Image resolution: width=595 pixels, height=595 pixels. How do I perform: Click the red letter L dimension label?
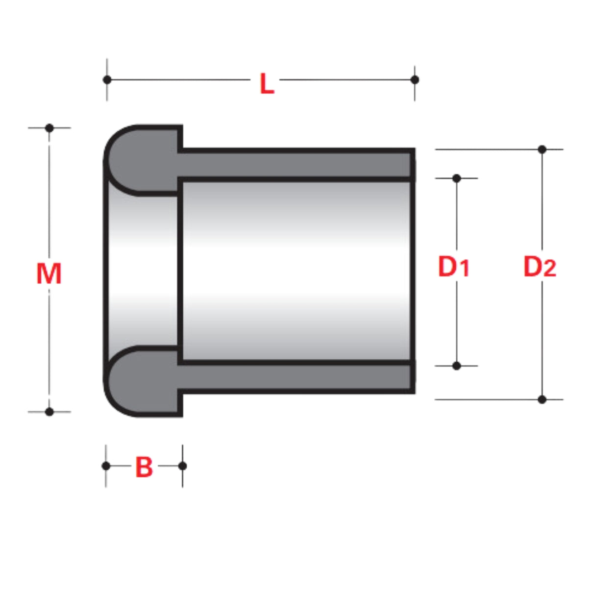coord(267,83)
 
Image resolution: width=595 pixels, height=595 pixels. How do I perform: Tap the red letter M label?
coord(49,273)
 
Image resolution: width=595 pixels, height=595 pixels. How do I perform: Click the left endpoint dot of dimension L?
coord(107,80)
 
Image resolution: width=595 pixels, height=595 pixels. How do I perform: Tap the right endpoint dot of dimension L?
coord(415,80)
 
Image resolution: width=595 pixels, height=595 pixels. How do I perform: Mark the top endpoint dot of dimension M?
coord(50,128)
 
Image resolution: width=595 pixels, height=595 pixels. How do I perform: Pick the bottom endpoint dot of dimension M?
coord(50,412)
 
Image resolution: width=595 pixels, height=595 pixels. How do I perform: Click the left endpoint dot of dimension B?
coord(106,466)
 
